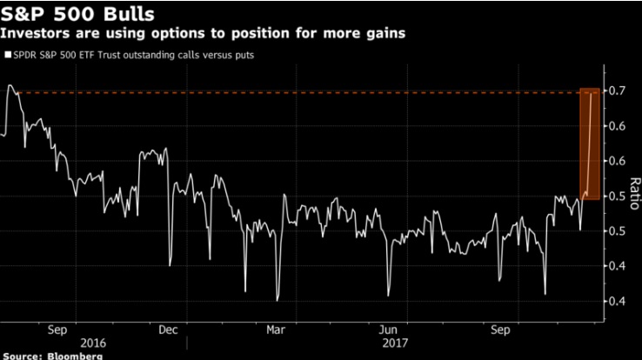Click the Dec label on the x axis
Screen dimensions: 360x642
tap(169, 330)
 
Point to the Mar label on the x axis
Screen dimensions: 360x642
tap(276, 330)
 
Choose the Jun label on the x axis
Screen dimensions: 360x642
tap(389, 330)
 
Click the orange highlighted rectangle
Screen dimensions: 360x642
tap(590, 143)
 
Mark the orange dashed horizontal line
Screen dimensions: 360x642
tap(304, 91)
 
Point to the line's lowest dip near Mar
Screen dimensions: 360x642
tap(277, 299)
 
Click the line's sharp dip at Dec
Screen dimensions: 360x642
tap(170, 264)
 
